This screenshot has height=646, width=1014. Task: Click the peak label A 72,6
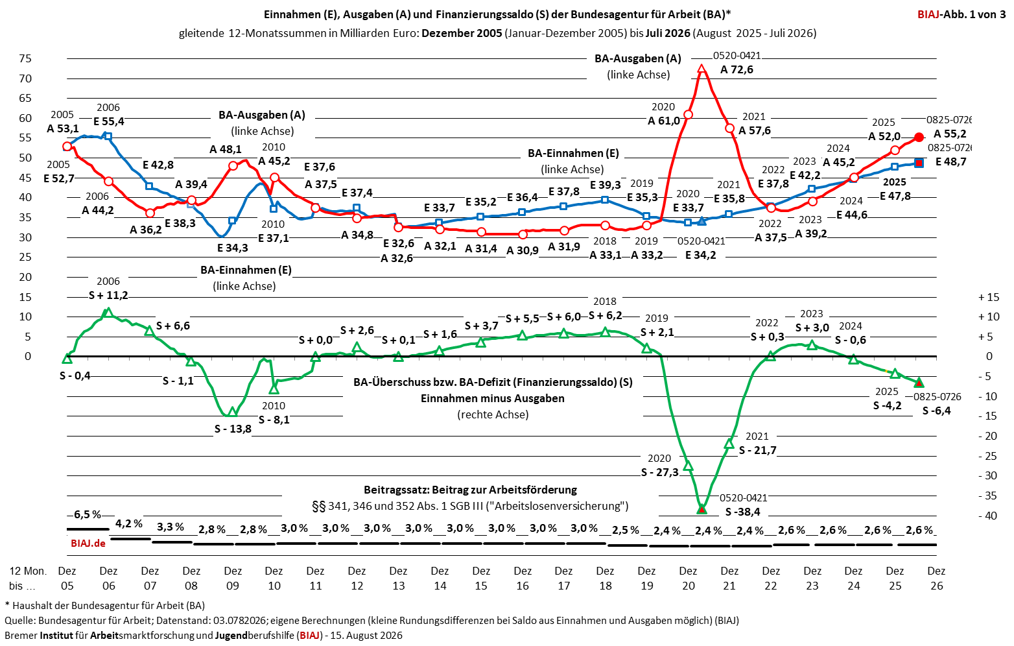pos(737,70)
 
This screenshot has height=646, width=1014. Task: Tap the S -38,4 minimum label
pos(742,512)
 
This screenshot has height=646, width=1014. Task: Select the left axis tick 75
pos(25,58)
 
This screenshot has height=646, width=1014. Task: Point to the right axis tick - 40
pos(988,516)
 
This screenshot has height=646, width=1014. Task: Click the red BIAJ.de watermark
pos(88,543)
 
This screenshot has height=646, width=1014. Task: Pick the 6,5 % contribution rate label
pos(88,514)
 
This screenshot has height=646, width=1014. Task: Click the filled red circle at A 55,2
pos(919,138)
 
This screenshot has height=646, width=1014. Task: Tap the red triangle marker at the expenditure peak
pos(702,69)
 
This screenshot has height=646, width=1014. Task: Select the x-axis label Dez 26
pos(936,578)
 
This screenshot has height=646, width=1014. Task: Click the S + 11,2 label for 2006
pos(108,295)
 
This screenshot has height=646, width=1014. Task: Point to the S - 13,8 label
pos(233,429)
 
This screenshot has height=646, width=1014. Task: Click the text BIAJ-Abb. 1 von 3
pos(961,14)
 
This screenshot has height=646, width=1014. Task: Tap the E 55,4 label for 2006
pos(109,121)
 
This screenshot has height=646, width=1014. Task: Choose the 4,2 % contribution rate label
pos(129,523)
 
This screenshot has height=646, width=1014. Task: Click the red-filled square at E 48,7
pos(919,163)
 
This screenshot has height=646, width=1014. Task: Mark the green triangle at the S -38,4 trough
pos(702,509)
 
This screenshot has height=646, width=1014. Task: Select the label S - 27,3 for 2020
pos(659,472)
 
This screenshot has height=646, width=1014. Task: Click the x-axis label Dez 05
pos(67,578)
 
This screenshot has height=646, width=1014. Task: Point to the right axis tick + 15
pos(989,297)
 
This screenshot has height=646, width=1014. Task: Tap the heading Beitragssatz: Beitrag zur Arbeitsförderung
pos(470,490)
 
